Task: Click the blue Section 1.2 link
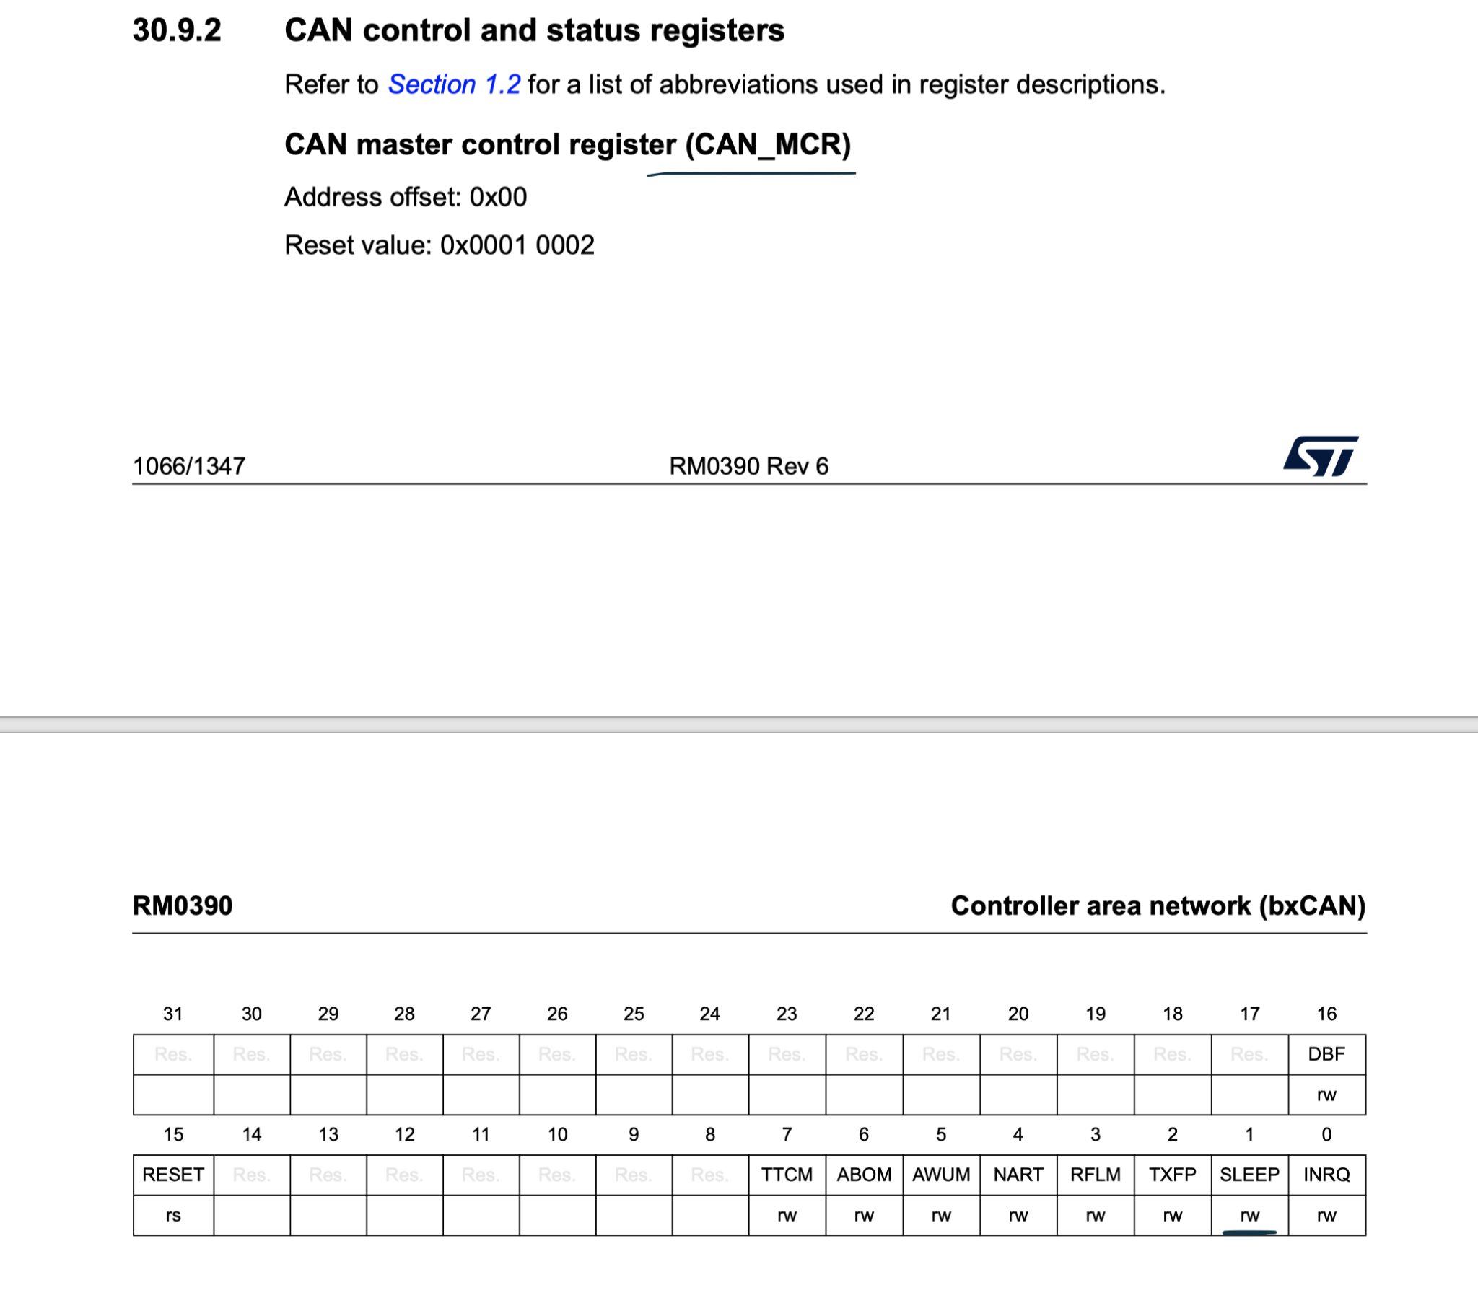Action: coord(454,84)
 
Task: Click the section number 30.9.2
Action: coord(176,30)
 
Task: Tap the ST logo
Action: coord(1320,455)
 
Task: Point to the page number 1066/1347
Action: coord(189,466)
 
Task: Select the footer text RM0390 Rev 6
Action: coord(748,466)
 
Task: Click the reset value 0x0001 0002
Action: coord(517,245)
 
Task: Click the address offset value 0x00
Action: coord(498,197)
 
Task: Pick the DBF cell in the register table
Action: coord(1326,1053)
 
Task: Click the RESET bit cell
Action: coord(172,1175)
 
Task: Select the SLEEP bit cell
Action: coord(1249,1175)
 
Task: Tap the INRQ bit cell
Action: coord(1326,1175)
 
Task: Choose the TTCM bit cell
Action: coord(787,1175)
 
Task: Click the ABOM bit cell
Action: coord(863,1175)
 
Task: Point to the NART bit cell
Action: coord(1018,1175)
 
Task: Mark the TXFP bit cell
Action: coord(1172,1175)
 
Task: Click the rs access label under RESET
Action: coord(172,1215)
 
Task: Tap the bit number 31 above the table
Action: coord(172,1014)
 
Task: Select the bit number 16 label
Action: coord(1326,1014)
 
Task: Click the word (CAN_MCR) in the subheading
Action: coord(767,144)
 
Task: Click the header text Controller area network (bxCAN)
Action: coord(1158,905)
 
